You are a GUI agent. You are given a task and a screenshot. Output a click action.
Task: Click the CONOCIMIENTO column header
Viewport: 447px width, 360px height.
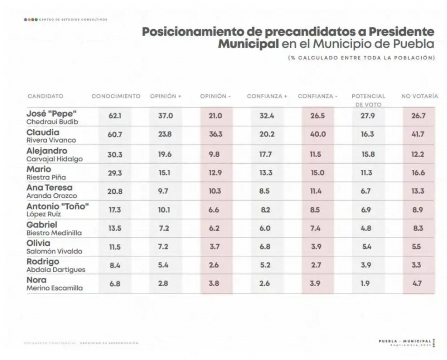click(x=116, y=96)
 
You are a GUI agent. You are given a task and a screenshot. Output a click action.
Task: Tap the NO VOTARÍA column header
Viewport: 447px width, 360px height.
click(x=419, y=96)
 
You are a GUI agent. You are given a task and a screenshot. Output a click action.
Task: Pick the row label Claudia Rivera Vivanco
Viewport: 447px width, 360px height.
click(x=52, y=136)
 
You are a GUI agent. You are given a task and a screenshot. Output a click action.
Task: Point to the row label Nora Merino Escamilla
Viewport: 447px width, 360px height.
click(x=55, y=284)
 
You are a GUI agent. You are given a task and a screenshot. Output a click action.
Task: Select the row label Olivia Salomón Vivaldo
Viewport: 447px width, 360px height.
click(x=55, y=247)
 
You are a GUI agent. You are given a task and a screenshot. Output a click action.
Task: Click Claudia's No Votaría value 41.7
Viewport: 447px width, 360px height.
click(x=419, y=135)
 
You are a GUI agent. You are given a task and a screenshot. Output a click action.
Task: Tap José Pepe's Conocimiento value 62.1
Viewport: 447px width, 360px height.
click(x=115, y=117)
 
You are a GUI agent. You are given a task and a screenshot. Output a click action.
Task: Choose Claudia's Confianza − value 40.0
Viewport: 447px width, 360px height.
click(x=318, y=135)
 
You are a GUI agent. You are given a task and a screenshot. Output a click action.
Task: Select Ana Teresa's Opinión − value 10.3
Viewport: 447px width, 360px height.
click(x=216, y=191)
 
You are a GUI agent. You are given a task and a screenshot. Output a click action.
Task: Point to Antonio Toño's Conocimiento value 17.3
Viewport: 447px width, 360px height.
click(x=115, y=210)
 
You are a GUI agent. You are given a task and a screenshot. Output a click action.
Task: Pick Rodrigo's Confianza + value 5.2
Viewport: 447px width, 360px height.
click(x=266, y=265)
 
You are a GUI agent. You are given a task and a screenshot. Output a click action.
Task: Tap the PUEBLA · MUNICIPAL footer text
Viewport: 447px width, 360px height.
click(x=406, y=341)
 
